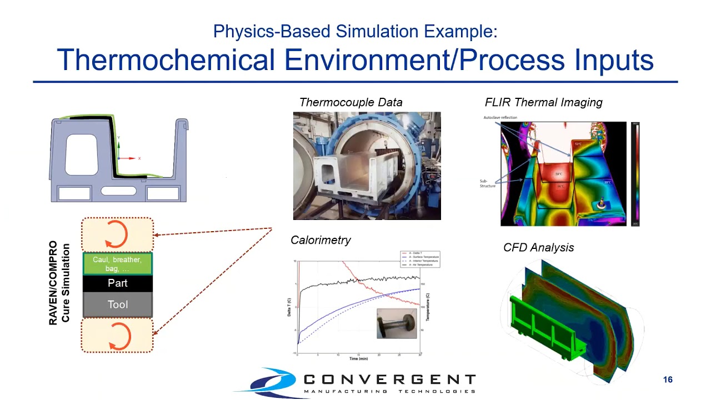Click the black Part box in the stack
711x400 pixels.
117,283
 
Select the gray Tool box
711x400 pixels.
117,304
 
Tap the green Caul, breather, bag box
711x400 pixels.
117,264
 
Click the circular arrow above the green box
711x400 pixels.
117,234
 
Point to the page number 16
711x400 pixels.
668,379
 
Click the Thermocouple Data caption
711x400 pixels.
351,102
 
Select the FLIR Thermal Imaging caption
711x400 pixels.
543,102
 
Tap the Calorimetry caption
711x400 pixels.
321,240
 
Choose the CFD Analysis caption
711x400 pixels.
538,248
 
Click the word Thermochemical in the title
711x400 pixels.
166,59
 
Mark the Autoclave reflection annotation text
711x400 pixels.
500,118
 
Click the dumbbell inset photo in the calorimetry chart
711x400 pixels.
396,323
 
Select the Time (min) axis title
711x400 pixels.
358,359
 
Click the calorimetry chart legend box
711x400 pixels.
419,259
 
